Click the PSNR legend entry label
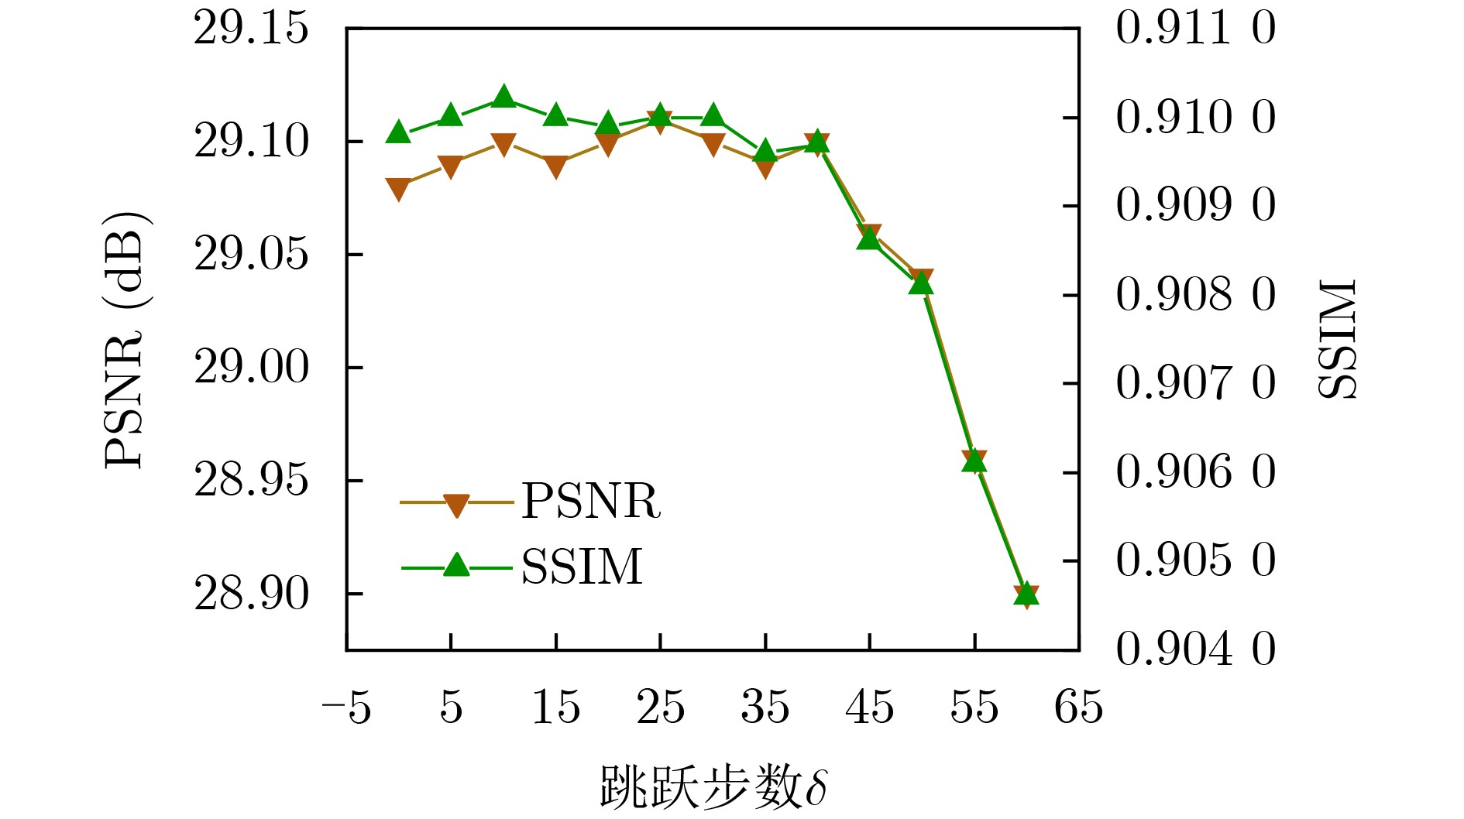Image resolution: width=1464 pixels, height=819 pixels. tap(591, 502)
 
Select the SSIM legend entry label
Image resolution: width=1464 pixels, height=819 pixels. tap(582, 567)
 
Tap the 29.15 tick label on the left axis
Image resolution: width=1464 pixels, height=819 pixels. tap(251, 29)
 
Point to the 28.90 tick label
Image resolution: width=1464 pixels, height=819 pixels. tap(251, 594)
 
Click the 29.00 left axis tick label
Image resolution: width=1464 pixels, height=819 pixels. tap(251, 368)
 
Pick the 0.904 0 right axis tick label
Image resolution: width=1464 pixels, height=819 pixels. tap(1195, 649)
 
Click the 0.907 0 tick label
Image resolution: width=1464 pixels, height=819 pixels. tap(1195, 383)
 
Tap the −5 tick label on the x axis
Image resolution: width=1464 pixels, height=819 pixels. tap(346, 708)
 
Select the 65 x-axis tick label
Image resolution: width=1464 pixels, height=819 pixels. tap(1078, 708)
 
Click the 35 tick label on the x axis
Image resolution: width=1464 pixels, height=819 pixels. tap(765, 708)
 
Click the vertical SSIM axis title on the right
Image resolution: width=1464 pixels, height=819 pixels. tap(1338, 339)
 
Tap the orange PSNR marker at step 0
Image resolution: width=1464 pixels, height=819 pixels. tap(398, 189)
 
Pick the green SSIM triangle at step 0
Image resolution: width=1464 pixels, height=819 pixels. tap(398, 132)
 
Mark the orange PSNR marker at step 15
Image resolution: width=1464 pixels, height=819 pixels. tap(555, 166)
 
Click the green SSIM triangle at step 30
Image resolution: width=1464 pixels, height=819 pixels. tap(713, 116)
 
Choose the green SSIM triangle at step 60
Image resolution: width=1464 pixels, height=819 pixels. tap(1026, 594)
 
